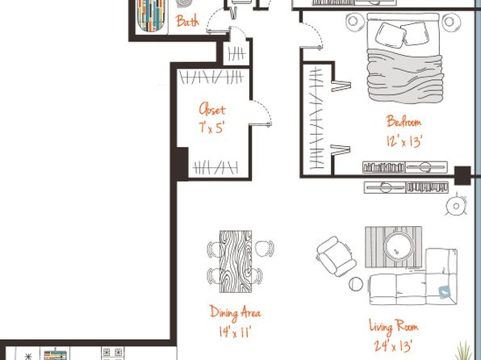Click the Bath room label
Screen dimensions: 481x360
[x=187, y=21]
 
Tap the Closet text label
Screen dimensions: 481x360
[x=212, y=109]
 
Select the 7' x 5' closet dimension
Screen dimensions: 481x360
[x=211, y=128]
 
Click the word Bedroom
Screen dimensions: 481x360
[x=404, y=122]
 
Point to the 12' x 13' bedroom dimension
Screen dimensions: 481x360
[x=404, y=141]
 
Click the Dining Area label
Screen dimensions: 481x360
[x=236, y=312]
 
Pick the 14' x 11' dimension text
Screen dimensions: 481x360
[x=235, y=332]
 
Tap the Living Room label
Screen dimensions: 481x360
[x=394, y=327]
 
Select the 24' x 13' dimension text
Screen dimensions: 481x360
[x=393, y=346]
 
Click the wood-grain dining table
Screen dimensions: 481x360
[x=236, y=262]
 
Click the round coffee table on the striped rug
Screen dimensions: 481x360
[x=399, y=246]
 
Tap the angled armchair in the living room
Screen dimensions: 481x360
[x=337, y=256]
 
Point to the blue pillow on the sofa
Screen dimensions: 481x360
[x=445, y=292]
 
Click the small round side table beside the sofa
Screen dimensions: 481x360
[x=356, y=284]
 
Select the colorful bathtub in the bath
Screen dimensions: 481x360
[x=151, y=15]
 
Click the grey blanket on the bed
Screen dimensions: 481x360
[x=405, y=75]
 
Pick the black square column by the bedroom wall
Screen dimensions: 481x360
[x=462, y=175]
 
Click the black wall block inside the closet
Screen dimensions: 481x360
[x=182, y=163]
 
